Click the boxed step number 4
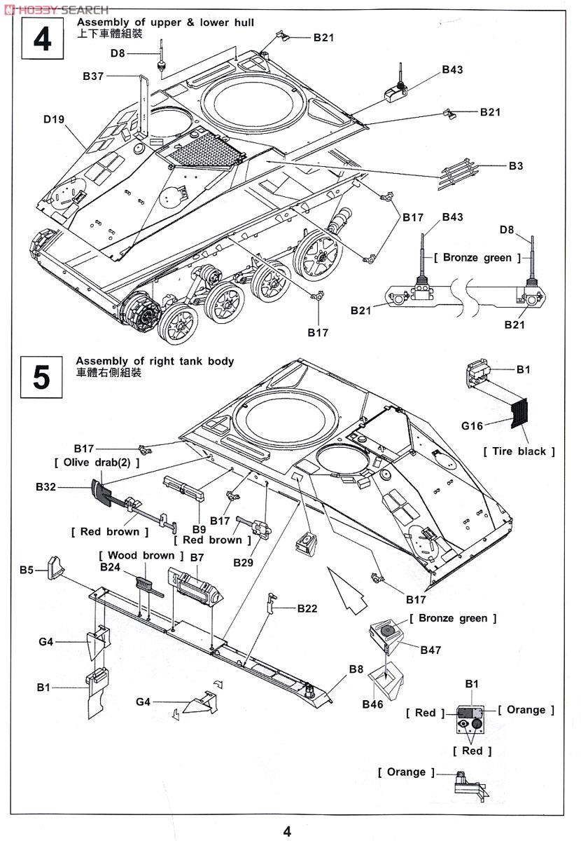(42, 39)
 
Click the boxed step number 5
(42, 378)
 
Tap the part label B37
(93, 76)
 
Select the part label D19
(54, 119)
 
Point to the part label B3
(516, 166)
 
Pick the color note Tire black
(519, 451)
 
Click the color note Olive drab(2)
(97, 463)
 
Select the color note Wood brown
(137, 555)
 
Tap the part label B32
(46, 486)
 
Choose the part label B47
(430, 650)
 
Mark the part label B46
(372, 704)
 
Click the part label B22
(307, 608)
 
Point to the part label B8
(356, 669)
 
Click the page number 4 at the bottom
(287, 831)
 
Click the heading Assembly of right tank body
(155, 362)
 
